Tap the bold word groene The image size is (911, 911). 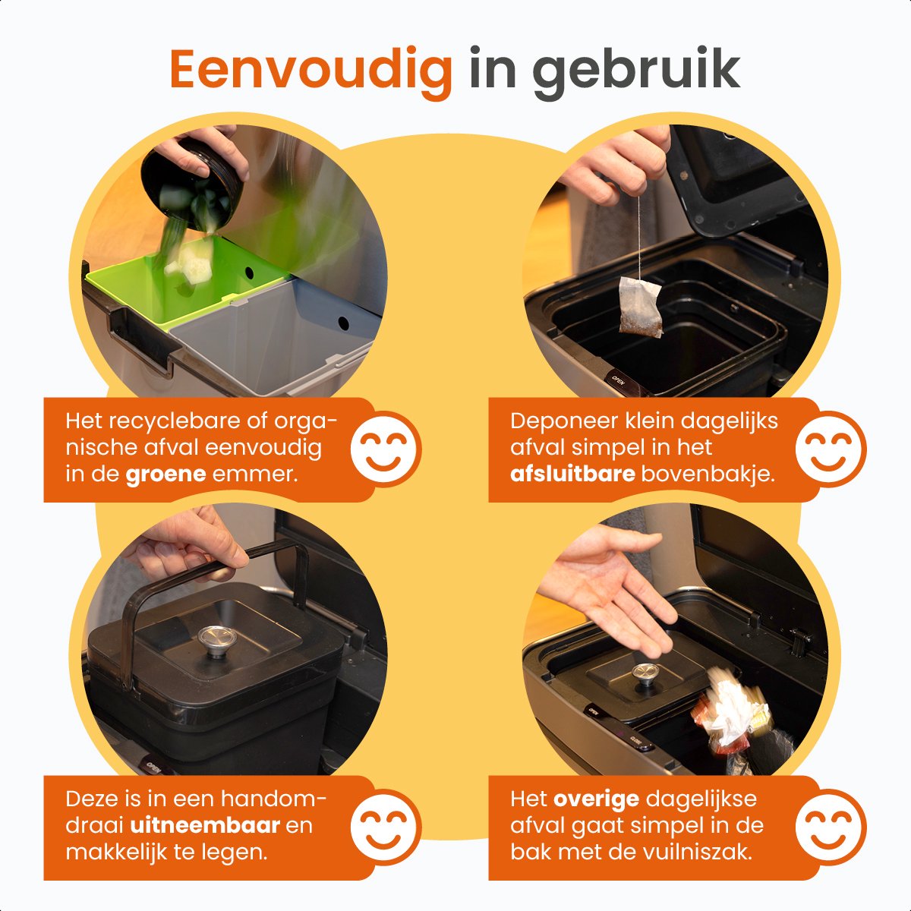(x=165, y=474)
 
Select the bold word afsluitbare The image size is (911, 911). (x=572, y=473)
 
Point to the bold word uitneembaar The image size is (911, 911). (x=205, y=825)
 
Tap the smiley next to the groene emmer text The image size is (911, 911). (x=386, y=449)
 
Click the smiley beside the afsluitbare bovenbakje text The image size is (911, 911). (x=831, y=449)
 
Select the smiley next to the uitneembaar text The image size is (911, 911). (x=386, y=827)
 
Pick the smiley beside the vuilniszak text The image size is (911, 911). (x=831, y=827)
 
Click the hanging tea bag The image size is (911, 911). (x=640, y=307)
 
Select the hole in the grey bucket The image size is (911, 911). (x=344, y=324)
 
